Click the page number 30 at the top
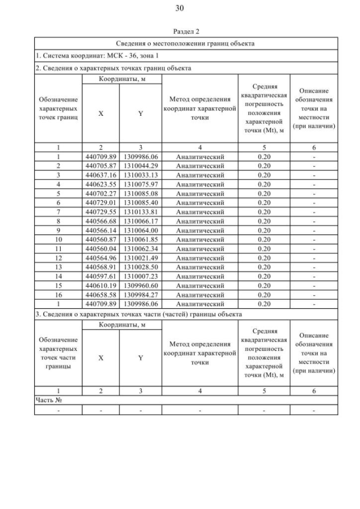click(x=179, y=8)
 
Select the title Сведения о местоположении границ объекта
click(x=186, y=43)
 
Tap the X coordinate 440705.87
click(x=101, y=166)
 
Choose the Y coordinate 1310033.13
click(x=140, y=175)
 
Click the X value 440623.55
click(x=101, y=184)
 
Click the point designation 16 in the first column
click(x=58, y=295)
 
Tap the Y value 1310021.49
click(x=140, y=258)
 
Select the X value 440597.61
click(x=101, y=276)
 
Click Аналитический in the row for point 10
click(x=200, y=239)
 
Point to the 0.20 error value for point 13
click(x=264, y=267)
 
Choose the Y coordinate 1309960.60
click(x=140, y=285)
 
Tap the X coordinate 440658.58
click(x=101, y=295)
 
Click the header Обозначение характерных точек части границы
click(x=58, y=353)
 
